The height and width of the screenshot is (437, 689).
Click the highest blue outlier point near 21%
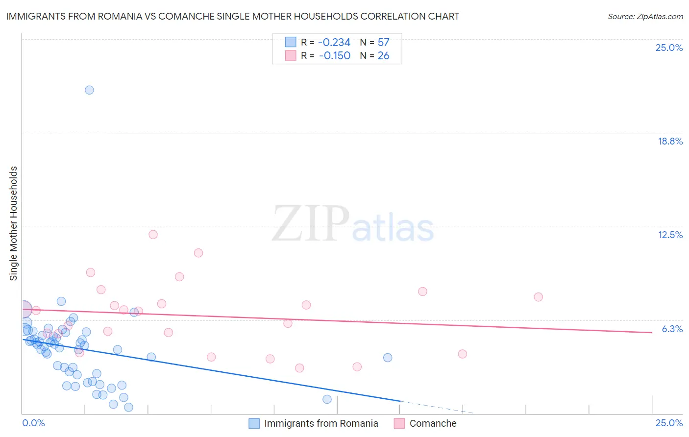[x=89, y=90]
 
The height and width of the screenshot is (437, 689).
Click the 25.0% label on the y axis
[x=669, y=48]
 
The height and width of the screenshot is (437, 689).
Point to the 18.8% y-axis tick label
[x=670, y=141]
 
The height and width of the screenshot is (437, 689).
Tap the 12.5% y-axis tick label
[x=670, y=235]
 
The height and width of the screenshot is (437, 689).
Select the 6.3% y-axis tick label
[x=672, y=329]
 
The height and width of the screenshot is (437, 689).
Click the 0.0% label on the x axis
[x=33, y=423]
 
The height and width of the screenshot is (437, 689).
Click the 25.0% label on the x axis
[x=669, y=423]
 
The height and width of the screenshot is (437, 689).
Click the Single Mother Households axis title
[x=13, y=223]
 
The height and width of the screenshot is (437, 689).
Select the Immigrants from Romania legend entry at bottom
[x=321, y=423]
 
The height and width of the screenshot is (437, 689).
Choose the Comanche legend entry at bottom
[x=433, y=423]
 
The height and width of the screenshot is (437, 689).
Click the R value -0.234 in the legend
[x=334, y=43]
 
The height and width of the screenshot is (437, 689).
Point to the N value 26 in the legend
[x=383, y=56]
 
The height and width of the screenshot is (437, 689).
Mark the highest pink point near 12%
[x=153, y=234]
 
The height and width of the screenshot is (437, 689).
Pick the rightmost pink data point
[x=538, y=297]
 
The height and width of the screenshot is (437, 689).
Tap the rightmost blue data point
[x=388, y=358]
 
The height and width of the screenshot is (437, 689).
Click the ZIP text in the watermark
[x=310, y=224]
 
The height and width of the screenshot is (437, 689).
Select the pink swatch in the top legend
[x=291, y=56]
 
